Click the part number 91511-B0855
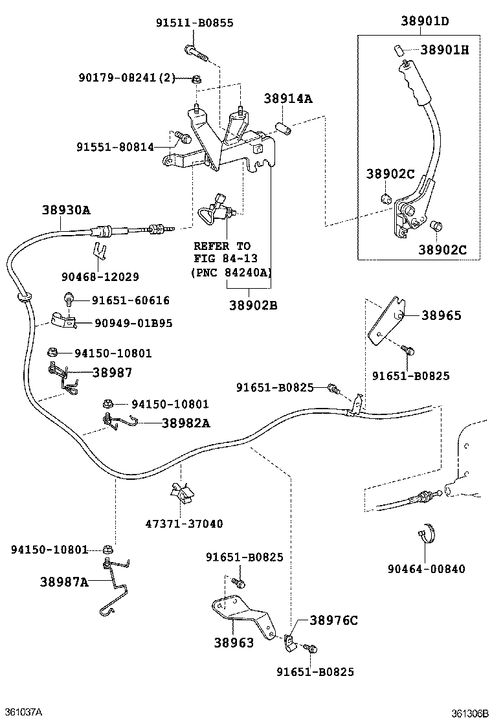pos(194,23)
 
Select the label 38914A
pos(288,98)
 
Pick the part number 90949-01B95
pos(133,322)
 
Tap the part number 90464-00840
pos(426,569)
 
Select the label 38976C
pos(333,620)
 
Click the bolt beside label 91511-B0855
pos(195,51)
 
